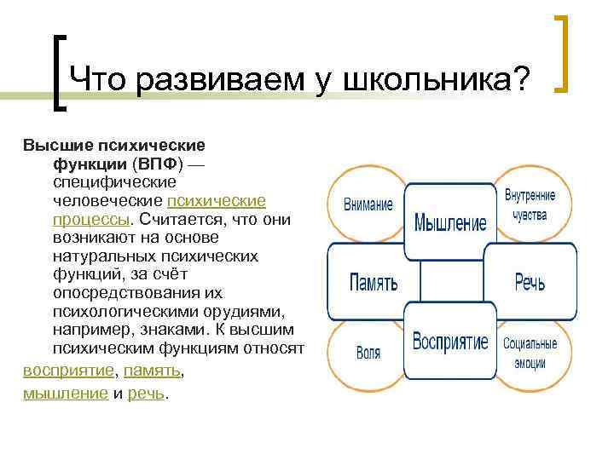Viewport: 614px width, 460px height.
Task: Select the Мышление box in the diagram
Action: [449, 222]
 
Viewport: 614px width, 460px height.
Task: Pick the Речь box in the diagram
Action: [530, 281]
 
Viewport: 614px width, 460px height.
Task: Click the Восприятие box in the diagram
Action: [449, 342]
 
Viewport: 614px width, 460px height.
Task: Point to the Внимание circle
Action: [368, 204]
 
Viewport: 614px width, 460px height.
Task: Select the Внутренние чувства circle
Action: [530, 204]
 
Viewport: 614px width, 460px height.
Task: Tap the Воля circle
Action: [368, 352]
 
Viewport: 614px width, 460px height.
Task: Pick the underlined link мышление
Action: [65, 393]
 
